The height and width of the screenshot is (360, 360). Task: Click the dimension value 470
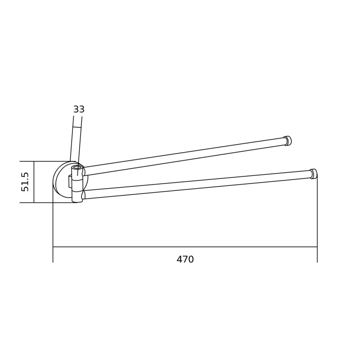(185, 260)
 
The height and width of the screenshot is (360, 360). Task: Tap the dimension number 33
(79, 109)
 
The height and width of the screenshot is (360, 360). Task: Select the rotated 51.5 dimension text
(25, 182)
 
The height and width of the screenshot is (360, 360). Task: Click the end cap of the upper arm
(288, 141)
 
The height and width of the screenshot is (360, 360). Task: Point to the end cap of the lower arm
(314, 174)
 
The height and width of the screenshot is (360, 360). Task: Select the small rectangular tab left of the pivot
(70, 181)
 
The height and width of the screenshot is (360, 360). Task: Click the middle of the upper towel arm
(184, 156)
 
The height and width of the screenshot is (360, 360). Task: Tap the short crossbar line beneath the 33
(77, 127)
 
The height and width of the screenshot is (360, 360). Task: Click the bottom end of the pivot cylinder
(77, 201)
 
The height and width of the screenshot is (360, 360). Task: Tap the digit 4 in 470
(179, 260)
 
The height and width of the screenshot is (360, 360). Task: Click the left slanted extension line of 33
(72, 139)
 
